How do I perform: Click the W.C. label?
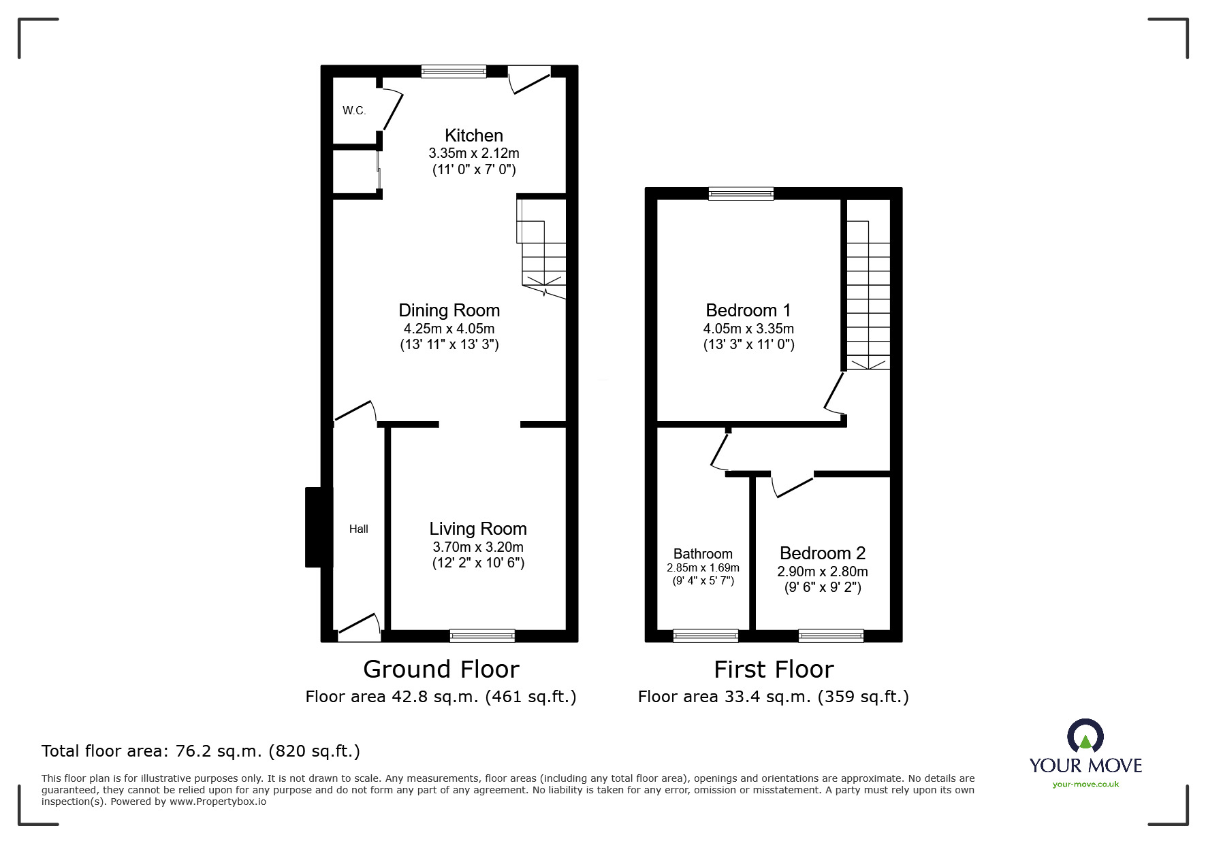pos(353,110)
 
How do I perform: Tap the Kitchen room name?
pos(473,135)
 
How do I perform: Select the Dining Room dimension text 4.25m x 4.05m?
pos(449,329)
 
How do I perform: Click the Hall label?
pos(358,529)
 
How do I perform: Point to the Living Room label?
pos(477,529)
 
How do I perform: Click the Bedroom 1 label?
pos(748,310)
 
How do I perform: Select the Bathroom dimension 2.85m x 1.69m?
pos(703,567)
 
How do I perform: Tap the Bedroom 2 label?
pos(822,553)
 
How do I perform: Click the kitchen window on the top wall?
pos(454,71)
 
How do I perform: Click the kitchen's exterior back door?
pos(529,78)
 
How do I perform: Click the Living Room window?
pos(482,635)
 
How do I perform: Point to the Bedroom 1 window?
pos(741,194)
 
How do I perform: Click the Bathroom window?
pos(705,635)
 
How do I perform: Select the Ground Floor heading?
pos(441,670)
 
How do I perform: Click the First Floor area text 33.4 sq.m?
pos(773,697)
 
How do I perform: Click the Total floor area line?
pos(201,751)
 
